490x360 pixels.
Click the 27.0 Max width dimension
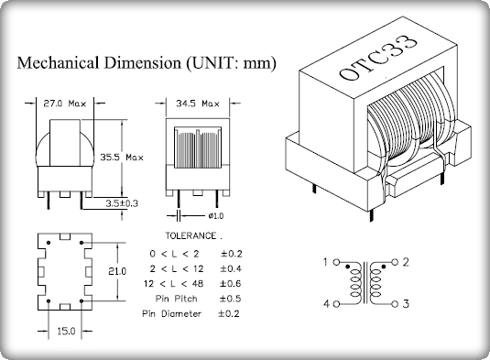point(65,104)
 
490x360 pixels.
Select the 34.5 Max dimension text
point(198,104)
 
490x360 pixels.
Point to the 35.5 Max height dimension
point(122,158)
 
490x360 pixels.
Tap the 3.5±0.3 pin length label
point(122,203)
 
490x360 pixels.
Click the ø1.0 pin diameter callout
point(216,215)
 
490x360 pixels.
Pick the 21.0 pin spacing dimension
point(117,271)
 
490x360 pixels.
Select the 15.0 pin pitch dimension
point(66,331)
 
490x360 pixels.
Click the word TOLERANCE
point(191,236)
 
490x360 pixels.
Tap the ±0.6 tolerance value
point(230,283)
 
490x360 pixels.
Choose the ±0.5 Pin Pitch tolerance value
point(230,299)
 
